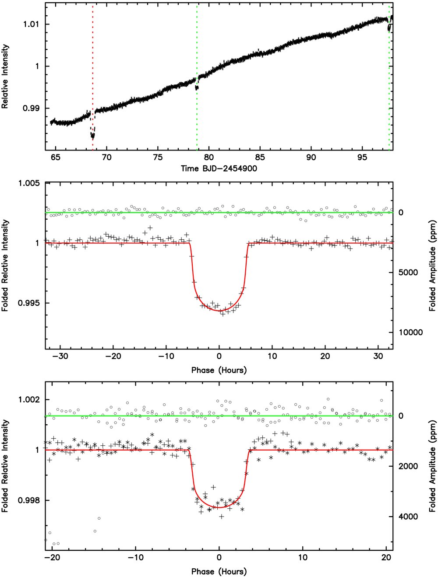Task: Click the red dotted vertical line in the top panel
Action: (92, 76)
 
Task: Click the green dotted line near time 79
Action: (197, 76)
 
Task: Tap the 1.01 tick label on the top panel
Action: (32, 24)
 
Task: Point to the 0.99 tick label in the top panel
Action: (32, 108)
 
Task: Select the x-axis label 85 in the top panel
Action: (260, 157)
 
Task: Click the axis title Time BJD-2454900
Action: (219, 168)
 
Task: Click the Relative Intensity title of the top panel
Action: (5, 77)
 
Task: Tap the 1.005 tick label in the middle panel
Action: (29, 183)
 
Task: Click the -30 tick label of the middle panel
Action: (60, 357)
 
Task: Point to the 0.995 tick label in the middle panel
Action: (29, 303)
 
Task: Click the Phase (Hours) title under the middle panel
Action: (219, 371)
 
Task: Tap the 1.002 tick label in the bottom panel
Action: (29, 400)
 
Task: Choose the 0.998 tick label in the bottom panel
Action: (29, 500)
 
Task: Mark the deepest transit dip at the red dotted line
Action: (92, 135)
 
